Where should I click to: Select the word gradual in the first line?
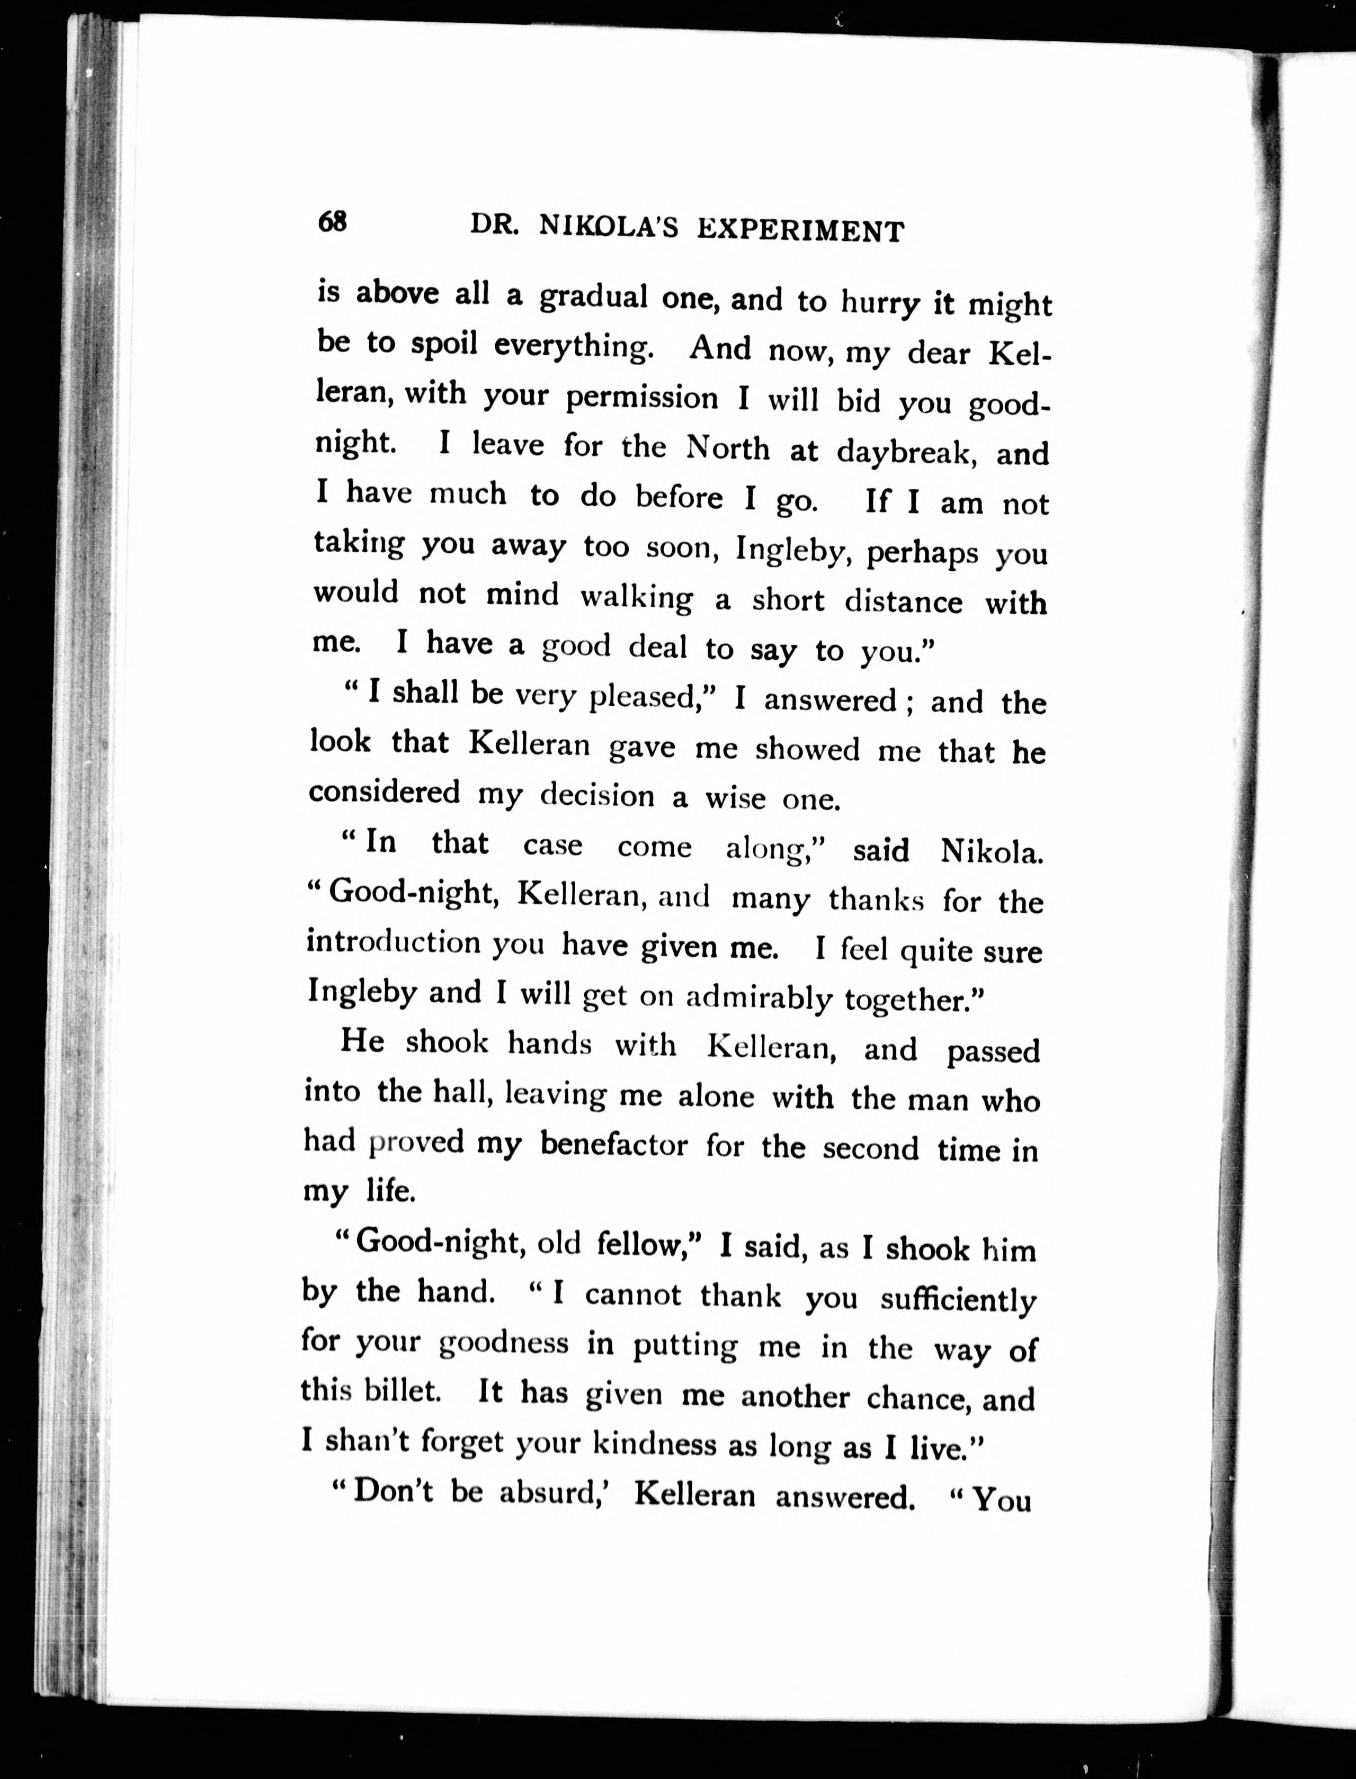(x=593, y=297)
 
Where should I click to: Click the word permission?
(x=641, y=398)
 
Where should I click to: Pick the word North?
(x=727, y=448)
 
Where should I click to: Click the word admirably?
(x=758, y=998)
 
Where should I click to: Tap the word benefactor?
(x=613, y=1145)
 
